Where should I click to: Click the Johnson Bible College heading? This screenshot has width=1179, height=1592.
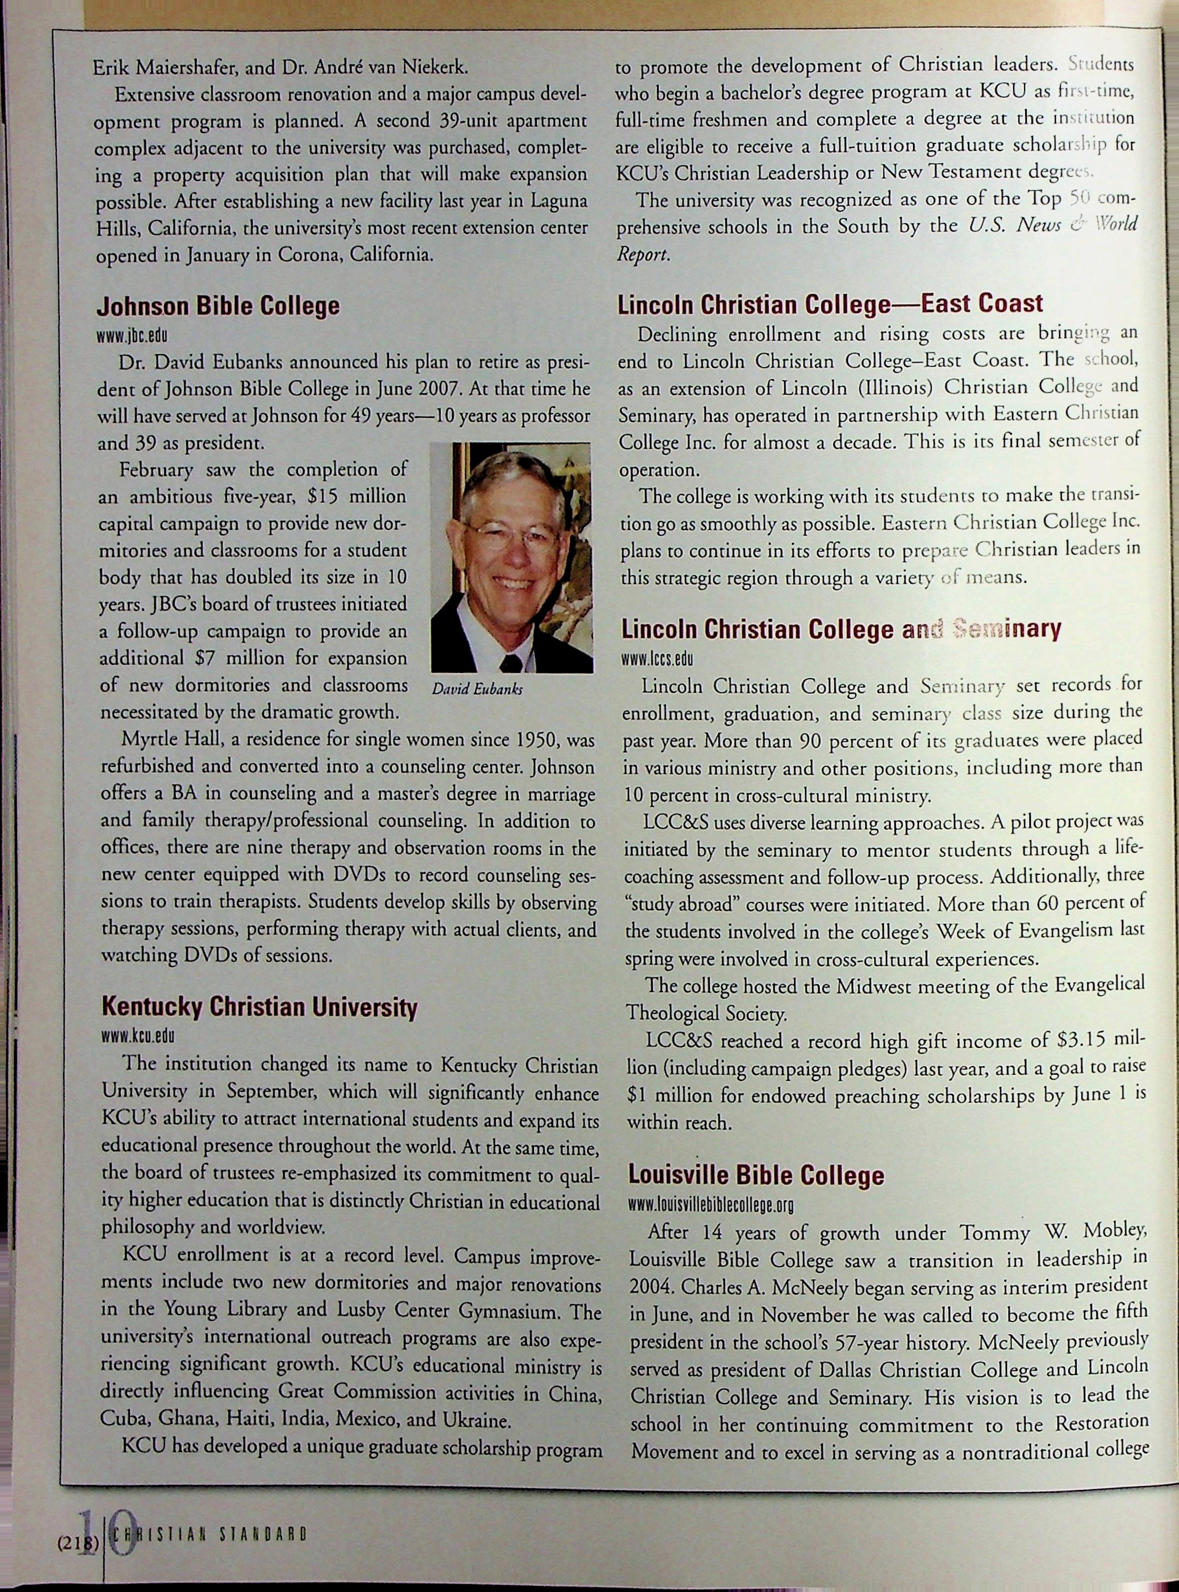click(217, 307)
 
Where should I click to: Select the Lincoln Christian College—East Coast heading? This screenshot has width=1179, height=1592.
click(830, 304)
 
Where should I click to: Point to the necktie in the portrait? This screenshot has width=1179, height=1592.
click(511, 662)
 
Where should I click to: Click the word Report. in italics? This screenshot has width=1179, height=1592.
click(643, 255)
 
